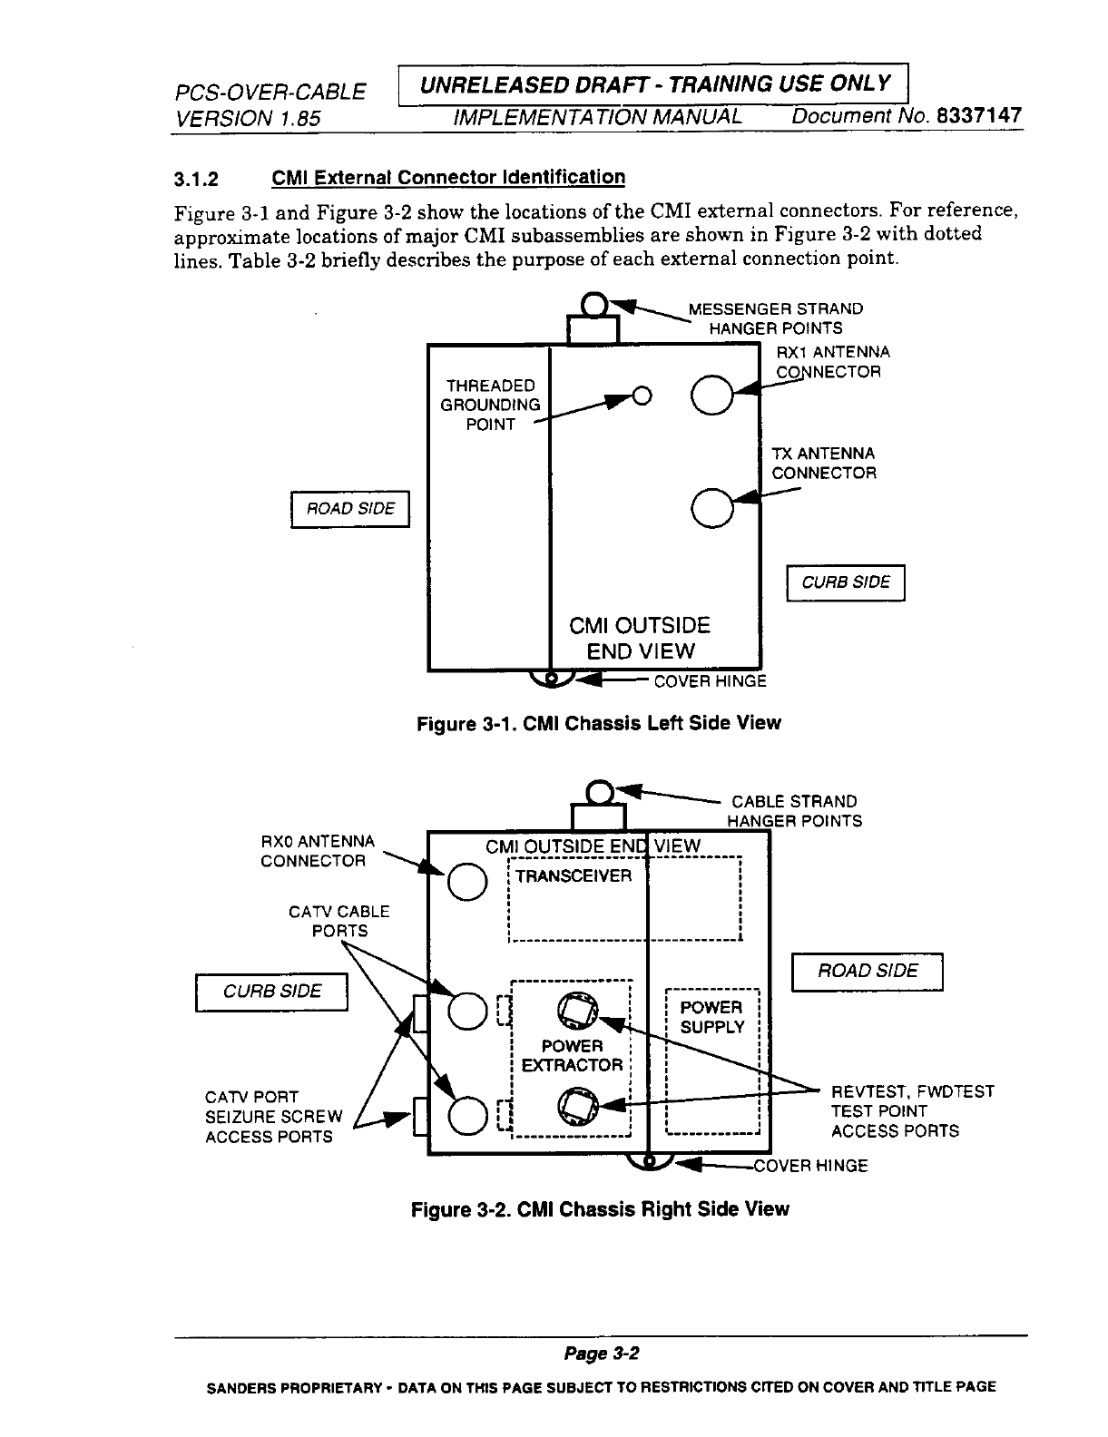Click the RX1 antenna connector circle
click(711, 395)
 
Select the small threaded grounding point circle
click(642, 396)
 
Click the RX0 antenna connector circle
click(464, 882)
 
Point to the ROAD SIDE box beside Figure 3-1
click(350, 509)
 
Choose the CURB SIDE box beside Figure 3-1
click(846, 582)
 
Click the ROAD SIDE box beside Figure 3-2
click(868, 972)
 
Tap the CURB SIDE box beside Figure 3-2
click(272, 992)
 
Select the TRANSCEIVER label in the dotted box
click(574, 876)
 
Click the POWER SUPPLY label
click(711, 1017)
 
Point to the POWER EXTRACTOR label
click(572, 1056)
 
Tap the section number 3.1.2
click(197, 178)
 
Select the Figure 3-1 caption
click(598, 723)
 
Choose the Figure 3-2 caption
click(600, 1209)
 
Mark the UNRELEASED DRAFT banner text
click(654, 84)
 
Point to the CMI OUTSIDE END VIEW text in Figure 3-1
click(640, 638)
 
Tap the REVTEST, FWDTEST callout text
click(912, 1091)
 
